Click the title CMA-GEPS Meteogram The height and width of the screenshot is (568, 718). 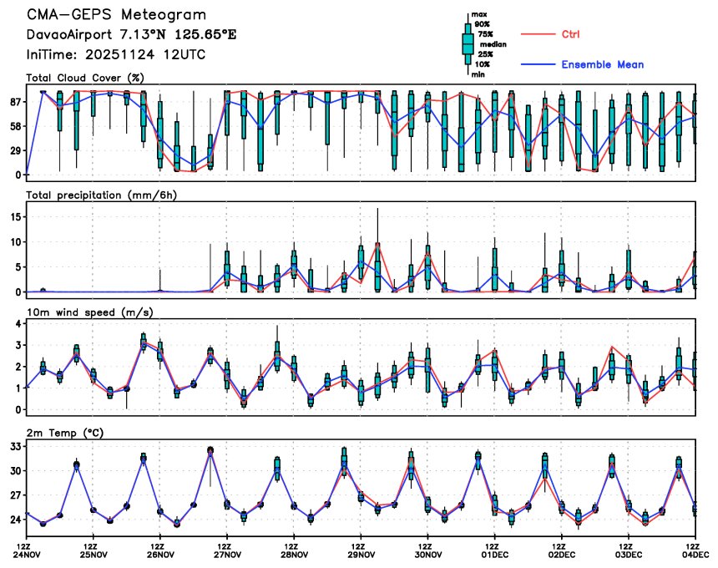point(116,15)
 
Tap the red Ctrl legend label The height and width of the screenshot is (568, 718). point(571,34)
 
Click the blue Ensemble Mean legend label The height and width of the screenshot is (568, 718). point(602,64)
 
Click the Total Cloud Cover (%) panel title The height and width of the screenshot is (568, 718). point(86,78)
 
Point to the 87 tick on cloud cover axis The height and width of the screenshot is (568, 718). point(14,102)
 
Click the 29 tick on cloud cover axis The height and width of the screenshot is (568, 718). point(14,150)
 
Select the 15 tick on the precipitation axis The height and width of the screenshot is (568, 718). point(14,216)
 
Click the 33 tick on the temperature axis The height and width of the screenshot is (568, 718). point(14,447)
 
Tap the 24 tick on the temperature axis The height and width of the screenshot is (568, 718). point(14,520)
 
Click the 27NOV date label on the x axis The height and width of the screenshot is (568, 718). point(227,554)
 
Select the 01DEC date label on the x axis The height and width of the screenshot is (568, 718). point(494,554)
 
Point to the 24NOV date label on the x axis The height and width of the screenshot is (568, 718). point(27,554)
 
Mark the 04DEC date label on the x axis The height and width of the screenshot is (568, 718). point(695,554)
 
